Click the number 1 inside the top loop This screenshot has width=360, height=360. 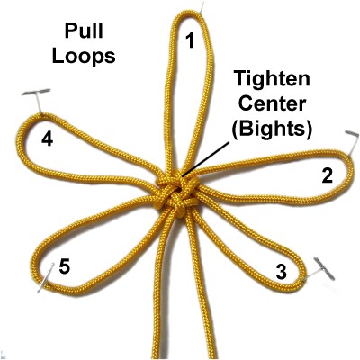coord(190,40)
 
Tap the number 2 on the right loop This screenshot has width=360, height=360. coord(327,175)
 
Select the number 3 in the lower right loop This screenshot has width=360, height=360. coord(281,272)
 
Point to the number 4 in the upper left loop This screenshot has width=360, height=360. coord(48,139)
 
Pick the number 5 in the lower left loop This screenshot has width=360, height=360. coord(65,266)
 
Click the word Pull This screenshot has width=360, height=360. coord(84,31)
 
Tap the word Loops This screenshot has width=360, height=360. coord(84,56)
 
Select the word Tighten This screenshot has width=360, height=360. coord(272,79)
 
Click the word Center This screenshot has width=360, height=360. coord(273,103)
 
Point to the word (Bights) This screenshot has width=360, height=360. coord(273,129)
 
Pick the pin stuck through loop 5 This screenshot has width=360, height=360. coord(46,277)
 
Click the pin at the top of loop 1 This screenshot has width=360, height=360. coord(202,7)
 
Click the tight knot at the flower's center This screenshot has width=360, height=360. coord(176,195)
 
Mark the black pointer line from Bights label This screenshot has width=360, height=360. coord(206,157)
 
